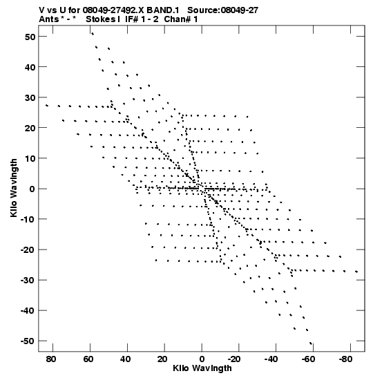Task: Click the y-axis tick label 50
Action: pyautogui.click(x=30, y=37)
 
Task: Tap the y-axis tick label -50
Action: pyautogui.click(x=28, y=341)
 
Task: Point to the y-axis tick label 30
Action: pyautogui.click(x=30, y=97)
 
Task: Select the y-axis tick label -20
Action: pyautogui.click(x=28, y=249)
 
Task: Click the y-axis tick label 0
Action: pyautogui.click(x=32, y=189)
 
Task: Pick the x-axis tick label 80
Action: pyautogui.click(x=51, y=359)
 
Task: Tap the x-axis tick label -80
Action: pyautogui.click(x=345, y=359)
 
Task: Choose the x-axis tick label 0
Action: pyautogui.click(x=202, y=359)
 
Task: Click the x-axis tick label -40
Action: pyautogui.click(x=271, y=359)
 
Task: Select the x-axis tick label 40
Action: pyautogui.click(x=126, y=359)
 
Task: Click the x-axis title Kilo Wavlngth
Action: pyautogui.click(x=202, y=368)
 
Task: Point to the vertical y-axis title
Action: pyautogui.click(x=14, y=188)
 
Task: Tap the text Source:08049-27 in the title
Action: pyautogui.click(x=222, y=10)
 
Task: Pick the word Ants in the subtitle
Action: pyautogui.click(x=49, y=19)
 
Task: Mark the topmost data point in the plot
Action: pyautogui.click(x=93, y=34)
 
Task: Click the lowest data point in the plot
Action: pyautogui.click(x=311, y=343)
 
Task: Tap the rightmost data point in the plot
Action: pyautogui.click(x=356, y=272)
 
